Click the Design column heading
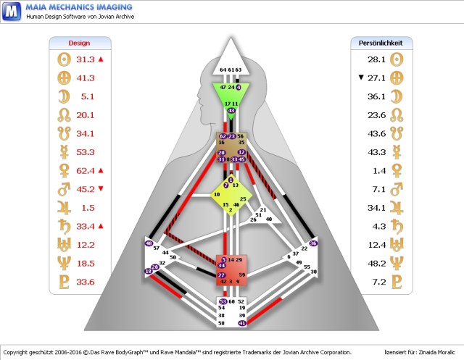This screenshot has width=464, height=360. click(79, 43)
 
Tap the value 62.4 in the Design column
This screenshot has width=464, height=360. click(86, 171)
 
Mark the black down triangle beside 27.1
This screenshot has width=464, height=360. click(360, 77)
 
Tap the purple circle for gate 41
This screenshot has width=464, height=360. click(242, 323)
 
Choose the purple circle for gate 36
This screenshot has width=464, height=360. click(313, 243)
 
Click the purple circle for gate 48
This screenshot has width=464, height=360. click(149, 243)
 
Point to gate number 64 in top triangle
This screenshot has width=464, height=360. click(223, 70)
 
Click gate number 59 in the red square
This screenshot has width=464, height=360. click(242, 275)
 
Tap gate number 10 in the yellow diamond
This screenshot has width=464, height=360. click(216, 195)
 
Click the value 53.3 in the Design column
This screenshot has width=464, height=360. click(86, 152)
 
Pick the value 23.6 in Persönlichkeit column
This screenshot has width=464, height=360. click(376, 114)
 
